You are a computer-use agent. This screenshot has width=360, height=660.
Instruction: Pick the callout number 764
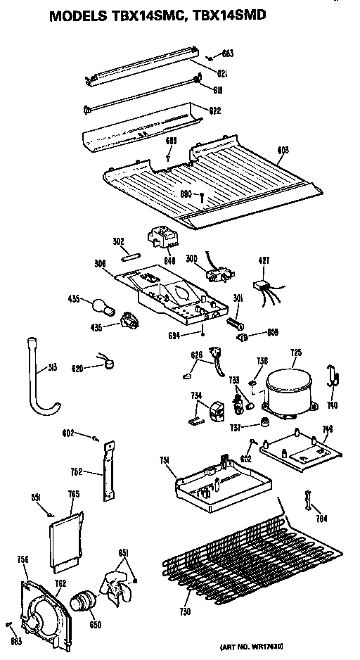[x=321, y=519]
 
